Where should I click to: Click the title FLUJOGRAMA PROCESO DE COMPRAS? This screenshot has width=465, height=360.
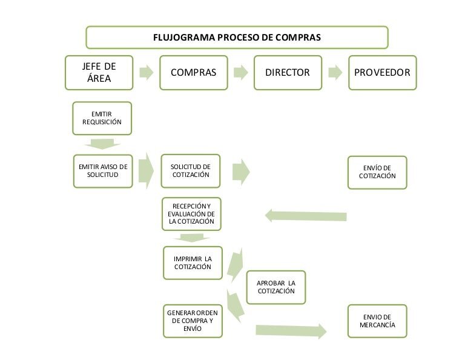click(237, 37)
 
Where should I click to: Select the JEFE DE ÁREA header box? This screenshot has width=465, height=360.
click(99, 73)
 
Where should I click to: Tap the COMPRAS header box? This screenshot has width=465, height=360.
click(193, 73)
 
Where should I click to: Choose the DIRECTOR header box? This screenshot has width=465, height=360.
click(288, 73)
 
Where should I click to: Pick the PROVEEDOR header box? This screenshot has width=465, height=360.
click(382, 73)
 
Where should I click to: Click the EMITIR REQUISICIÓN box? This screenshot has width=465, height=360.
click(102, 118)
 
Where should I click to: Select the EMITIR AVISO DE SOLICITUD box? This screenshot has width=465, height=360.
click(102, 171)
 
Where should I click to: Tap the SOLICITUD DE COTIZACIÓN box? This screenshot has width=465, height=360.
click(191, 171)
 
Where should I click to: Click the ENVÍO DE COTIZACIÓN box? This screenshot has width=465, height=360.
click(377, 172)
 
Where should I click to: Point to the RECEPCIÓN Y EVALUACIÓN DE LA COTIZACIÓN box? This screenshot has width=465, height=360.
click(191, 214)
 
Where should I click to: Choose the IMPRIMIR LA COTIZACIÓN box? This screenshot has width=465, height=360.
click(193, 262)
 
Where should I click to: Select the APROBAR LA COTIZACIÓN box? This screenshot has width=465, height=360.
click(275, 287)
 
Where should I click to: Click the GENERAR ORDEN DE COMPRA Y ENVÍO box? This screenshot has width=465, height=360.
click(193, 321)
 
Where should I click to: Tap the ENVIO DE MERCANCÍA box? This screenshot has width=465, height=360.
click(377, 321)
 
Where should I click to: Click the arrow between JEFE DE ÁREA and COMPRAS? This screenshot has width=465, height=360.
click(146, 73)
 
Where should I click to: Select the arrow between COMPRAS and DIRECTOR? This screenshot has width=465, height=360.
click(240, 73)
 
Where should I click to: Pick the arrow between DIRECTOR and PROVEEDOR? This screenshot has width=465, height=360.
click(335, 73)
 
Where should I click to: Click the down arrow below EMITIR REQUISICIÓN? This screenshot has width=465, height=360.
click(102, 144)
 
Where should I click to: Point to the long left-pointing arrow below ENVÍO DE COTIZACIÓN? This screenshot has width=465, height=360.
click(306, 216)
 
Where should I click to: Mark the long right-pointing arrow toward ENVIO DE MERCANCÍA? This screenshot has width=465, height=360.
click(291, 330)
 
